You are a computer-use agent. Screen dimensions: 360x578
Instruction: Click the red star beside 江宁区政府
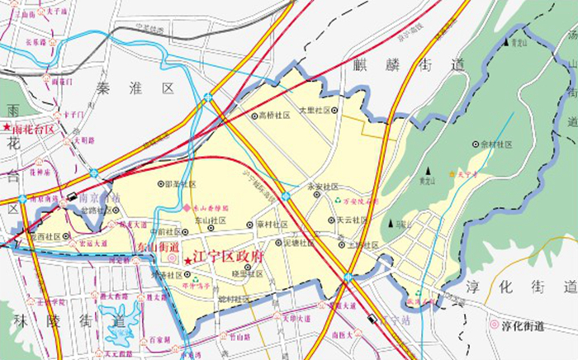pyautogui.click(x=189, y=261)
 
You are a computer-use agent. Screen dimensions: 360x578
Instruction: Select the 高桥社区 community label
pyautogui.click(x=275, y=116)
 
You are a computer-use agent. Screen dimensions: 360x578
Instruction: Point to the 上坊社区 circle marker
pyautogui.click(x=341, y=244)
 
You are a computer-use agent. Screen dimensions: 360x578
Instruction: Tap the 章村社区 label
pyautogui.click(x=272, y=225)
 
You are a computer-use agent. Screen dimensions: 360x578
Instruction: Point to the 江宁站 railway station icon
pyautogui.click(x=374, y=319)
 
